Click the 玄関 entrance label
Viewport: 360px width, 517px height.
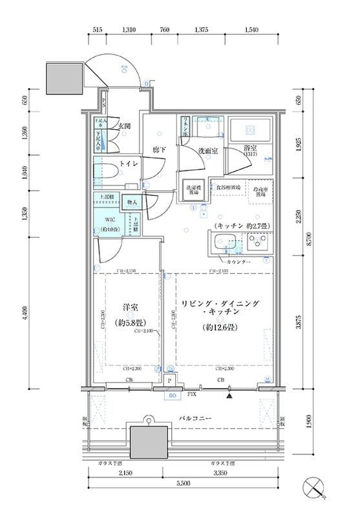pos(124,127)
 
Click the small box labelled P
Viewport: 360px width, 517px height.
pos(170,382)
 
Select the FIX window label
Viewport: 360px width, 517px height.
pos(192,393)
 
